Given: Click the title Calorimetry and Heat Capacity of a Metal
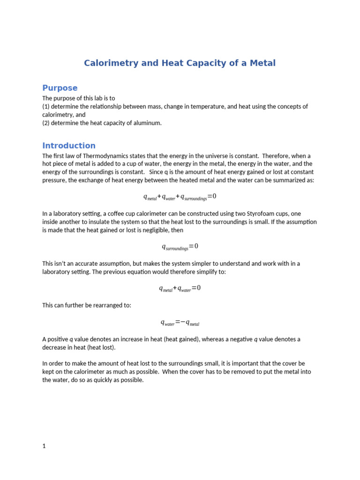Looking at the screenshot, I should (180, 63).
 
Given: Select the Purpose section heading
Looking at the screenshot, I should (60, 88).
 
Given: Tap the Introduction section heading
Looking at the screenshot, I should (69, 145).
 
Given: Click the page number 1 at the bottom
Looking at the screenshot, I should (44, 446).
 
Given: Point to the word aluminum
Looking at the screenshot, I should (147, 123).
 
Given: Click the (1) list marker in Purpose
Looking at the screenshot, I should (46, 107).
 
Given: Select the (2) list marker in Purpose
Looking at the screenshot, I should (46, 123).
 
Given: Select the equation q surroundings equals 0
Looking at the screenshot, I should (180, 247).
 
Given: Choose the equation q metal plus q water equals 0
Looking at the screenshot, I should (180, 289).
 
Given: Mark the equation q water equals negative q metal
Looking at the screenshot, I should (180, 322).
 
